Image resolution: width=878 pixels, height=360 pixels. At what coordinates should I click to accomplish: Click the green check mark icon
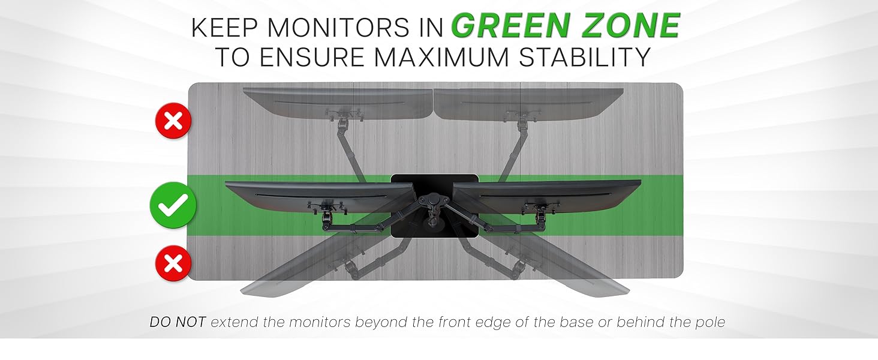click(x=173, y=206)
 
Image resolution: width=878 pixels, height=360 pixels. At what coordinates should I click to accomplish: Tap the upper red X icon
click(x=173, y=121)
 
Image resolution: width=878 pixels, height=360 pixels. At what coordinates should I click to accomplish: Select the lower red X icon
click(x=173, y=263)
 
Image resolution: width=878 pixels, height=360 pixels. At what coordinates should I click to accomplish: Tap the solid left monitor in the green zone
click(x=318, y=195)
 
